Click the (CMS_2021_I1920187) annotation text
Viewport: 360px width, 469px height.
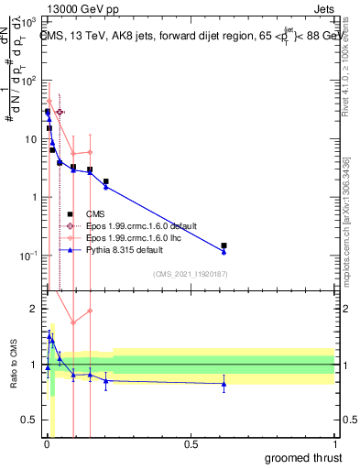[x=189, y=273]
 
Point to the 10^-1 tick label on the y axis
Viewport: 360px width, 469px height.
[x=27, y=256]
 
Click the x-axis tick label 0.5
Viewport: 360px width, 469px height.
[x=191, y=442]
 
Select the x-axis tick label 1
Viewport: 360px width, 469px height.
[x=333, y=442]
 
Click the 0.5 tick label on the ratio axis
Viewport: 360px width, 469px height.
[x=27, y=420]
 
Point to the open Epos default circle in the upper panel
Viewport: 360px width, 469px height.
[x=60, y=112]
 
